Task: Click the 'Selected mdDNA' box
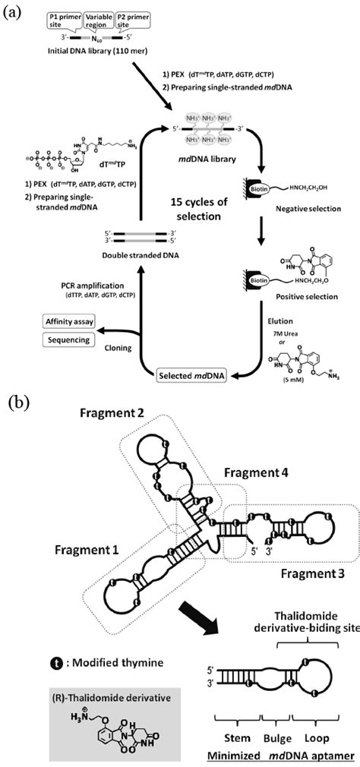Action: [x=191, y=374]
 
